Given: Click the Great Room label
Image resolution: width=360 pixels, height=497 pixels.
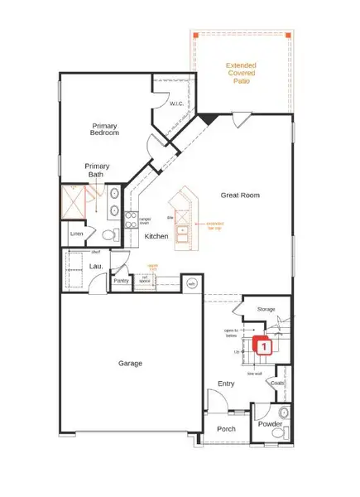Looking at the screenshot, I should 240,195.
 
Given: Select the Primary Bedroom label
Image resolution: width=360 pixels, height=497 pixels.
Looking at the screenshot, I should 106,128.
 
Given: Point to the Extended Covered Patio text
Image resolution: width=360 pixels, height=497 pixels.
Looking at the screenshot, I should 242,73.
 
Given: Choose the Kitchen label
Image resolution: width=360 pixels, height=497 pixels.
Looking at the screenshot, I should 156,237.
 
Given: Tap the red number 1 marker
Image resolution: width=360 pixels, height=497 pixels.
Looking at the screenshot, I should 262,348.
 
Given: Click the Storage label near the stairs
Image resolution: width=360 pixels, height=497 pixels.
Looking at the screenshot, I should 265,310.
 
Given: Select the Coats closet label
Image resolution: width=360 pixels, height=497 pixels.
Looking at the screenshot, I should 277,383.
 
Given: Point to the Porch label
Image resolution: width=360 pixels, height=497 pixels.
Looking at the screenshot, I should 226,429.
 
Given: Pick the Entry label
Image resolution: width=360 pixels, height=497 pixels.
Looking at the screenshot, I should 226,384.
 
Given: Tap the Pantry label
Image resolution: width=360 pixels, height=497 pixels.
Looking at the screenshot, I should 122,280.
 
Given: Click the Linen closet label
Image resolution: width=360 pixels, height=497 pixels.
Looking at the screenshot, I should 77,234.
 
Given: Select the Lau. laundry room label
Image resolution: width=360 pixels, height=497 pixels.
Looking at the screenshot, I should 95,267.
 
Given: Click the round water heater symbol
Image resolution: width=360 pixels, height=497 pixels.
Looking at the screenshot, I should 192,282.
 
